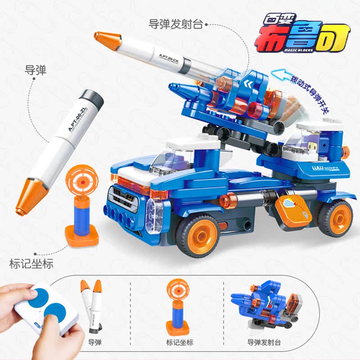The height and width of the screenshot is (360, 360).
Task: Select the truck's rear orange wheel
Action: (335, 218)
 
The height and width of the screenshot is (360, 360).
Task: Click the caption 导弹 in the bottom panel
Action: (95, 342)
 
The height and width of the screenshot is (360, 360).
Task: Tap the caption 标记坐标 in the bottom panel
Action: (180, 342)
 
